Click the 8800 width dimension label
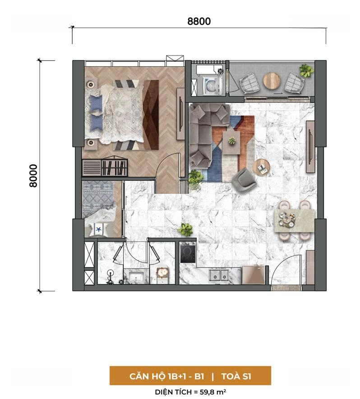[x=199, y=21]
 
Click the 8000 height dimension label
[x=33, y=176]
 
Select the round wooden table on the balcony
[x=272, y=81]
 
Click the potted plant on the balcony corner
[x=306, y=70]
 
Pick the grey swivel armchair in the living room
[x=244, y=179]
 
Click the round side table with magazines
[x=262, y=167]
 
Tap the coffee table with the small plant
[x=231, y=142]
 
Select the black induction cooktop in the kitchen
[x=188, y=252]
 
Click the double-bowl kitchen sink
[x=218, y=275]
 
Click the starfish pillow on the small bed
[x=98, y=229]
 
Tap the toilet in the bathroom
[x=110, y=277]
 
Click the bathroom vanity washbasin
[x=136, y=277]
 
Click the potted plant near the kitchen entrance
[x=185, y=229]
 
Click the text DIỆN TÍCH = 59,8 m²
[x=190, y=392]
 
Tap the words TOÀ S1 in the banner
[x=236, y=376]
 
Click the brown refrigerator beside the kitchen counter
[x=254, y=275]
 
